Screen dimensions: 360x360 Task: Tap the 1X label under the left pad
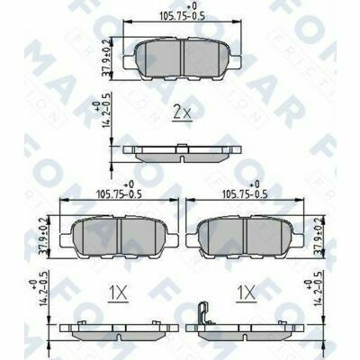point(117,292)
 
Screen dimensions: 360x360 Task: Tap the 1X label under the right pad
point(243,292)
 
